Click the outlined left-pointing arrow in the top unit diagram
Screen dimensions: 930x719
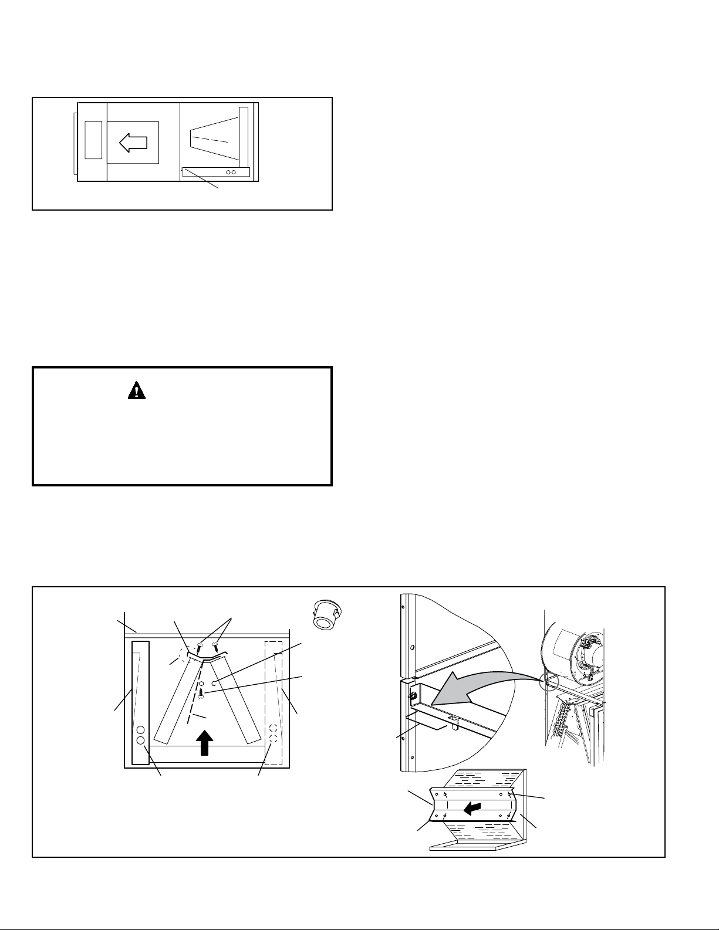(x=133, y=142)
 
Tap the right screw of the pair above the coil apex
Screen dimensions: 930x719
(x=215, y=646)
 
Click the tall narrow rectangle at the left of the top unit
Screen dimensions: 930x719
(x=93, y=140)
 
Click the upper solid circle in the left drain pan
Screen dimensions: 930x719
(x=140, y=731)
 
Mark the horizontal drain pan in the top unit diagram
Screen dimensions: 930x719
(x=215, y=172)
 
